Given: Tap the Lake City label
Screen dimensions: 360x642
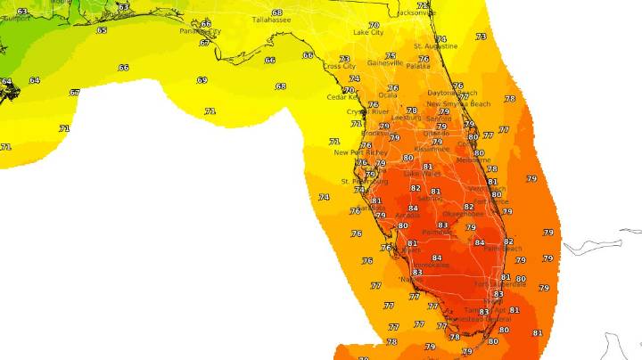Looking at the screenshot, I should coord(368,33).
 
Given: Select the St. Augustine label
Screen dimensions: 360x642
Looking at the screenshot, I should coord(436,45).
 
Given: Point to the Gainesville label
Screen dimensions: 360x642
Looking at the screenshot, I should coord(385,63).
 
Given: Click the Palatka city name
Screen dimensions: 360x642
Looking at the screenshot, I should coord(418,66).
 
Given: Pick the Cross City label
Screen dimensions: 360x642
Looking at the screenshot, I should coord(339,66).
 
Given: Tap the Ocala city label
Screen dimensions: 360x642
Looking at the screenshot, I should coord(388,94).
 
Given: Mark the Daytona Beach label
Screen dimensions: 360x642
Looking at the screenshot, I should coord(453,93).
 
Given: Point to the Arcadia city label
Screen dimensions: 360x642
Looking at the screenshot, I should coord(407,215).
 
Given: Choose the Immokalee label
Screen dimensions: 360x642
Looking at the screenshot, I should coord(433,265).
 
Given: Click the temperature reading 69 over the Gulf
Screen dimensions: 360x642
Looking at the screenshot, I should coord(202,80).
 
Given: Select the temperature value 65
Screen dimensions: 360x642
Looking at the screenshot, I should coord(102,30).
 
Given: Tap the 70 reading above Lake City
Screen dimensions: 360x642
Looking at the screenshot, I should coord(373,25).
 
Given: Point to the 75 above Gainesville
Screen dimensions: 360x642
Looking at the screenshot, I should coord(389,55).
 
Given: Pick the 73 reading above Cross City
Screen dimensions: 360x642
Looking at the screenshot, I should coord(344,59).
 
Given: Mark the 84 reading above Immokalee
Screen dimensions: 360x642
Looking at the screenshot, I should coord(436,258).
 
